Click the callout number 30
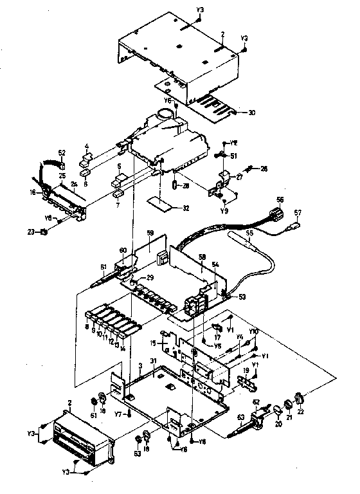click(x=251, y=113)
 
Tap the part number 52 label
click(x=62, y=152)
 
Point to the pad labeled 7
click(x=118, y=192)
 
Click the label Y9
click(x=223, y=210)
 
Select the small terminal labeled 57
click(x=296, y=224)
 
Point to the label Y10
click(x=255, y=331)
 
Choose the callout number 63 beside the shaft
click(x=240, y=417)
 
